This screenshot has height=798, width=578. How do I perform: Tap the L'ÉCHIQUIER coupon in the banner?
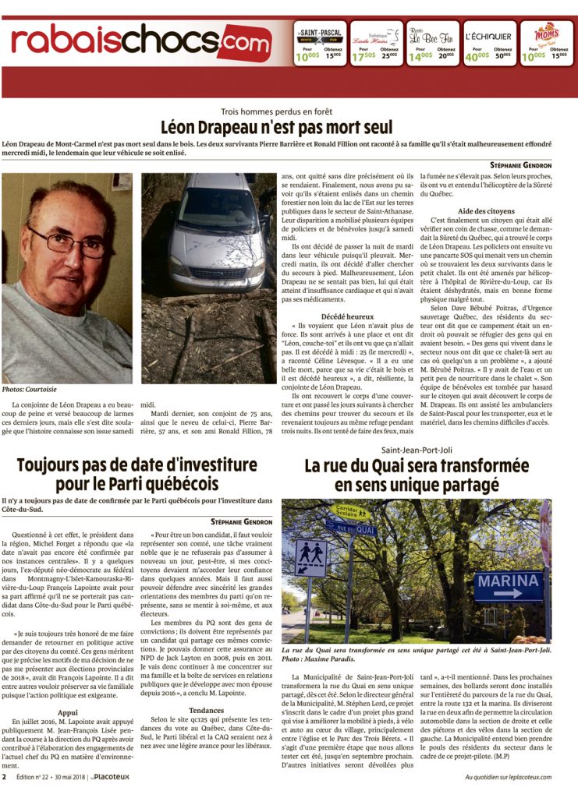pos(488,43)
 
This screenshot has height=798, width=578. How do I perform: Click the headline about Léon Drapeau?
pos(289,128)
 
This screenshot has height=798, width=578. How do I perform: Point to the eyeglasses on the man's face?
pos(69,242)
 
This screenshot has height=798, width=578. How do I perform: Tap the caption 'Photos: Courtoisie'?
pos(30,389)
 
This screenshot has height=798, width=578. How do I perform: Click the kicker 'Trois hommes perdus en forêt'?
pos(289,111)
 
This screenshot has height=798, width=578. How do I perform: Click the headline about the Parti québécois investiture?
pos(137,475)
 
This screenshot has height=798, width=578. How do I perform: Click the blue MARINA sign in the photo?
pos(508,584)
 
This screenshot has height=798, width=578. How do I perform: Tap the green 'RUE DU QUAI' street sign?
pos(351,528)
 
